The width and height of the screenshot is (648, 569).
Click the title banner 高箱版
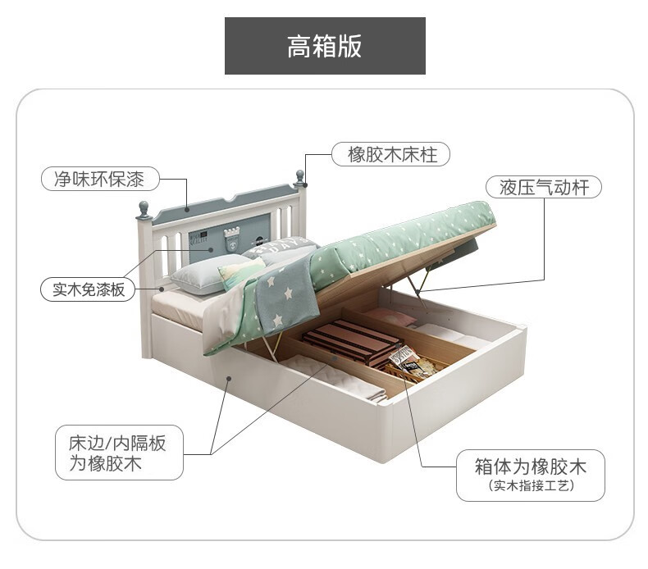tap(325, 46)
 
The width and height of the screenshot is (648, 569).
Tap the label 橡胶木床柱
tap(390, 154)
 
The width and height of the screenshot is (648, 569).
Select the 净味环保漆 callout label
tap(99, 179)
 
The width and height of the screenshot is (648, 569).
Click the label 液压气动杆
tap(545, 187)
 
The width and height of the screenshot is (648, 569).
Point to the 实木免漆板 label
tap(89, 289)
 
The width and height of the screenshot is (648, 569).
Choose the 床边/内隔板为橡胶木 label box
tap(118, 453)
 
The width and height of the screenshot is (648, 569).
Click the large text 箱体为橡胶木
tap(531, 467)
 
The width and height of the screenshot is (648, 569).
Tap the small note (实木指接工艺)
tap(531, 486)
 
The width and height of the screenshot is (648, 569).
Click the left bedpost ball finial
tap(144, 209)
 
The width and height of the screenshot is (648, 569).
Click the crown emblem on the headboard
tap(232, 234)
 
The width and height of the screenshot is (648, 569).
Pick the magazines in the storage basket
tap(404, 361)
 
